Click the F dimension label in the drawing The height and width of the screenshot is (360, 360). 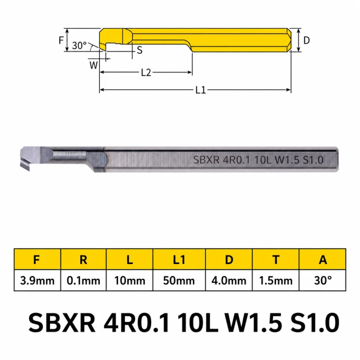[61, 40]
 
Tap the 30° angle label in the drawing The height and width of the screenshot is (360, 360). [79, 46]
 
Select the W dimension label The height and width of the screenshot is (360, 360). [94, 65]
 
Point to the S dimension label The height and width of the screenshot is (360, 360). [140, 50]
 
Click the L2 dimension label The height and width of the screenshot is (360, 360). [146, 72]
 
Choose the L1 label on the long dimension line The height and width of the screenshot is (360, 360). [201, 90]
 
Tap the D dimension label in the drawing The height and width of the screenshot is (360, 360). [307, 40]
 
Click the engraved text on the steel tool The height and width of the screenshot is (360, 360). [258, 160]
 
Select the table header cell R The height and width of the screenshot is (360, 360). [84, 260]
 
